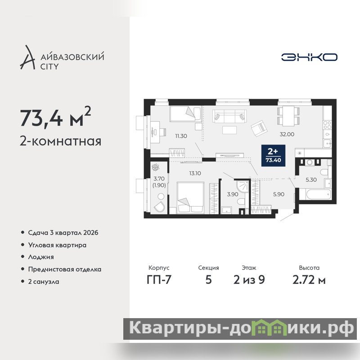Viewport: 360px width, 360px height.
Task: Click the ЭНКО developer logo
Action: click(x=309, y=57)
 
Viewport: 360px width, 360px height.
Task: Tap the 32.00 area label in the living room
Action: click(x=287, y=134)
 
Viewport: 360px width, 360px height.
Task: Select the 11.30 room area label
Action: click(x=181, y=136)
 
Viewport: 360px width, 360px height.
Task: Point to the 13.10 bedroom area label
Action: click(x=195, y=173)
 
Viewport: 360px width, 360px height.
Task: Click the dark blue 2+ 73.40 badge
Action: click(x=273, y=155)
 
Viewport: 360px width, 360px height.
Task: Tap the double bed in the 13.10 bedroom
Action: click(x=190, y=198)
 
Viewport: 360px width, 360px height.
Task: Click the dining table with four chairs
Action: click(x=288, y=116)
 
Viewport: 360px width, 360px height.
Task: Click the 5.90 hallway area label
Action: click(x=279, y=194)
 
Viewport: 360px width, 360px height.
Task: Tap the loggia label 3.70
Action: click(x=159, y=179)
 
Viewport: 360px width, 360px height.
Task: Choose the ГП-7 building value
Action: click(x=159, y=280)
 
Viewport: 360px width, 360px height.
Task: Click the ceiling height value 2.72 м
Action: click(x=309, y=280)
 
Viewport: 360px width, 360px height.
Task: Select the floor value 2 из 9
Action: click(x=249, y=280)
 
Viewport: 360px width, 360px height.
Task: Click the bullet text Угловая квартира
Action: click(x=57, y=245)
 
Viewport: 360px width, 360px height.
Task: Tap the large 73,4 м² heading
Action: click(x=55, y=117)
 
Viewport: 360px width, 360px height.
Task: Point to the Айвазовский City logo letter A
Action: click(x=27, y=58)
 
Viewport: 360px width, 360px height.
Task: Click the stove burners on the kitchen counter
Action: click(x=328, y=125)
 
